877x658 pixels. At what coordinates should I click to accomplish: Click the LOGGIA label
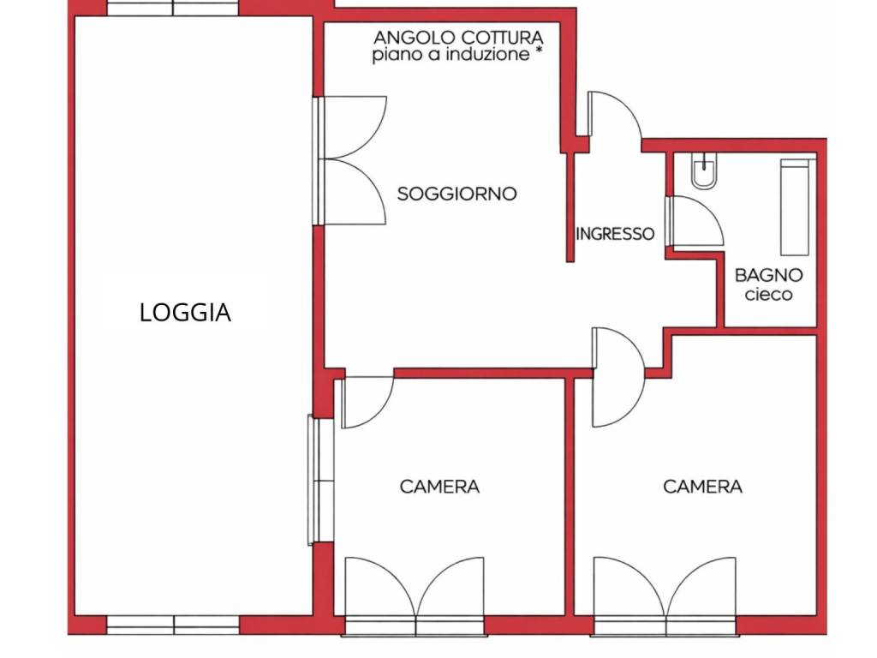click(x=185, y=313)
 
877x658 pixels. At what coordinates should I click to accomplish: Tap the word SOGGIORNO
click(x=456, y=194)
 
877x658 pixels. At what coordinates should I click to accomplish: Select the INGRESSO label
click(x=615, y=233)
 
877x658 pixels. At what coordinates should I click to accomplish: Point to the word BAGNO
click(x=769, y=275)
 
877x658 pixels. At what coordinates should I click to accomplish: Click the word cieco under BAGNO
click(x=768, y=295)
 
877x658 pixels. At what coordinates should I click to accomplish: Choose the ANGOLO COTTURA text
click(x=458, y=38)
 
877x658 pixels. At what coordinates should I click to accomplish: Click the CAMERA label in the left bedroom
click(x=439, y=487)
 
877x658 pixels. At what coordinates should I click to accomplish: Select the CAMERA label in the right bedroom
click(x=702, y=487)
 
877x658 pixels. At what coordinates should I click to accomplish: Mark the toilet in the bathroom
click(x=705, y=172)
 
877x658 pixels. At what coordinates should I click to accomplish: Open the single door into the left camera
click(x=366, y=401)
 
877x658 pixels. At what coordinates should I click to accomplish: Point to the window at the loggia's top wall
click(x=174, y=8)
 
